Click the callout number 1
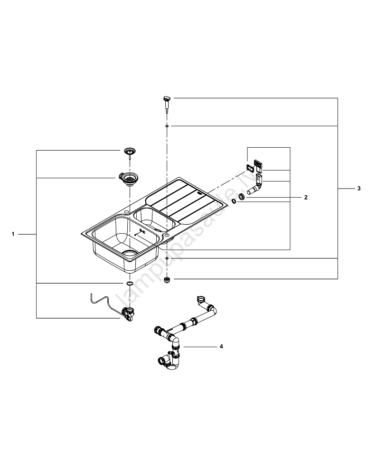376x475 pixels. point(14,234)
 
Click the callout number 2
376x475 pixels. point(306,197)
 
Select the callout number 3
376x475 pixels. point(359,189)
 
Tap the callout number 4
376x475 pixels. point(221,346)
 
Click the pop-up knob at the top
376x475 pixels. point(166,100)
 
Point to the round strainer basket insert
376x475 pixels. point(129,152)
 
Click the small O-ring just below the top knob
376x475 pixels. point(167,126)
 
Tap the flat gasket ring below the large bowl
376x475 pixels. point(129,283)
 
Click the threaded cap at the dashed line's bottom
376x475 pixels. point(167,279)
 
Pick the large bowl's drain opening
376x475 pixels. point(130,253)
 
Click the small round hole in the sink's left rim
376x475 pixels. point(126,211)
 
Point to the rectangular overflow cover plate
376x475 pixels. point(251,168)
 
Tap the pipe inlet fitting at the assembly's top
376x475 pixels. point(201,300)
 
